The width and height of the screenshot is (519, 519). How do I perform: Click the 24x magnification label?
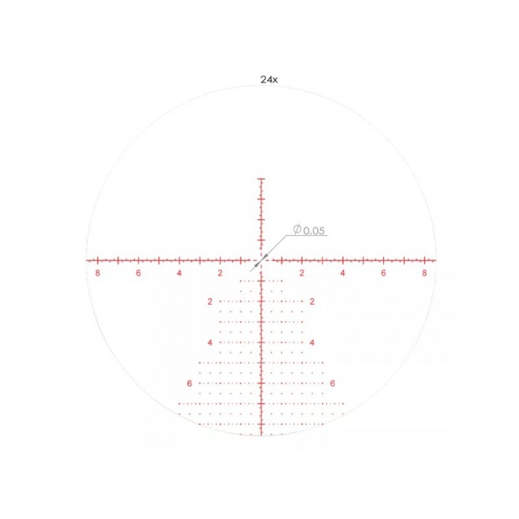269,79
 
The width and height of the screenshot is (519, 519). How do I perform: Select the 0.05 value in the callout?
314,231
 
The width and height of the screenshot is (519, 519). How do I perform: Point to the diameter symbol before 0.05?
297,229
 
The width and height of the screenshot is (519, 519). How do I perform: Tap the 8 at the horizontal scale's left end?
97,273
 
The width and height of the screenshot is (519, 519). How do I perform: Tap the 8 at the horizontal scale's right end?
424,273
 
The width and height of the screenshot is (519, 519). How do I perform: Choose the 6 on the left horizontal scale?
139,273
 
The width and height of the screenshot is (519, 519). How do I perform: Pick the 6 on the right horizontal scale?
383,273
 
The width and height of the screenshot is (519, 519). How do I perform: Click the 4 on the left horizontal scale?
179,273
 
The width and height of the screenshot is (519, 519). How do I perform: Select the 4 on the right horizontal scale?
343,273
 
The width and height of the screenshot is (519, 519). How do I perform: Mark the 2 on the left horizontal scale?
220,273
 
